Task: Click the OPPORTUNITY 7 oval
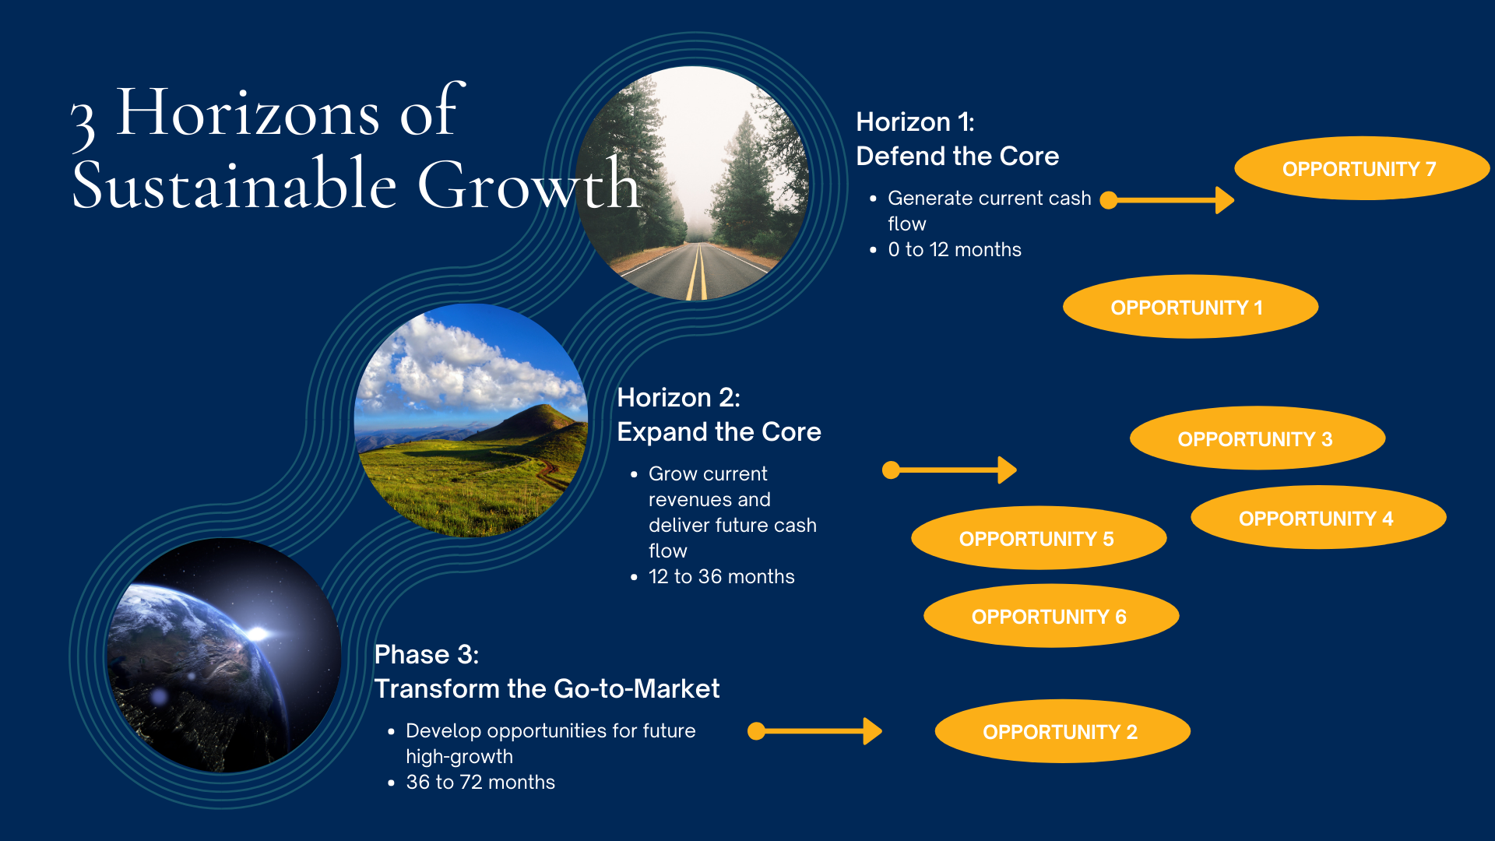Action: [1362, 168]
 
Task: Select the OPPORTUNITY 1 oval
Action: [1191, 307]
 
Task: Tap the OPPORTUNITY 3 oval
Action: [1258, 438]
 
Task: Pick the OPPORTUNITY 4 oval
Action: [1318, 518]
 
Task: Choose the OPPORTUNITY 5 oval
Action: [1039, 538]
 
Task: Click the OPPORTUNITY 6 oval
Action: [1051, 616]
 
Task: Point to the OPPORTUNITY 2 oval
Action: [1063, 731]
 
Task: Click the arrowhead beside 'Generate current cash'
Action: [1225, 200]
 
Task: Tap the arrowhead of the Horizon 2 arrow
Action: [1008, 470]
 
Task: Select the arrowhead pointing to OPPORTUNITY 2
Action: [873, 731]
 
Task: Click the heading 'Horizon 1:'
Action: [915, 122]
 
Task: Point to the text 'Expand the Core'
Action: [719, 432]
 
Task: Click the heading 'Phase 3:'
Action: [427, 655]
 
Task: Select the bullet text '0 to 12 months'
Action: [955, 250]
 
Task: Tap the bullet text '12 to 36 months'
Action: [722, 577]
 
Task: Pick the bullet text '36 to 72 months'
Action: [480, 783]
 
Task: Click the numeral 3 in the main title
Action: [83, 125]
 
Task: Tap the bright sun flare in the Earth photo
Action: [257, 634]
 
